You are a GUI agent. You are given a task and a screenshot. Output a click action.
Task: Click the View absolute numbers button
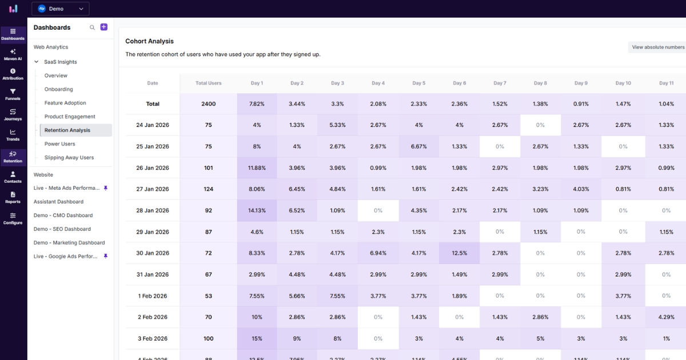pos(657,47)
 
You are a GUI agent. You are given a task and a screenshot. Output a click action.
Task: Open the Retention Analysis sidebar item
pos(67,130)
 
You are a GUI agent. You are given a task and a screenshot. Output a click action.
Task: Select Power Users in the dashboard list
pos(59,144)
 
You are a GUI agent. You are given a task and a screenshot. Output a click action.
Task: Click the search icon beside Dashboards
pos(92,27)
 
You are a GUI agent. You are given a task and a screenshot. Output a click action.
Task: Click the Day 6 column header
pos(459,83)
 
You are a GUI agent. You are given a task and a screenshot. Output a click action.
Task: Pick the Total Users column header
pos(208,83)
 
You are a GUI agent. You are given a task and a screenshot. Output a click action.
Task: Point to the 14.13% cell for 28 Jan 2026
pos(257,210)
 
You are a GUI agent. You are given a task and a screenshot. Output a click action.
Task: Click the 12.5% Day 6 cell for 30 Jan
pos(459,253)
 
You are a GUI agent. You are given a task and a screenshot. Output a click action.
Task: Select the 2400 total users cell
pos(208,104)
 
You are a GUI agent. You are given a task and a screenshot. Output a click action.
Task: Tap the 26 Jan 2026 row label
pos(153,168)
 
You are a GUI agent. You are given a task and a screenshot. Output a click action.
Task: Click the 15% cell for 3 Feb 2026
pos(257,338)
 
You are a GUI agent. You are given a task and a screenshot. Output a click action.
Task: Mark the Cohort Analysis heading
pos(149,41)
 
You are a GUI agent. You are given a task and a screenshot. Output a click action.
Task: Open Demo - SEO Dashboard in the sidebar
pos(62,229)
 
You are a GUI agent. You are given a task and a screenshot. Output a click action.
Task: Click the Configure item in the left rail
pos(13,218)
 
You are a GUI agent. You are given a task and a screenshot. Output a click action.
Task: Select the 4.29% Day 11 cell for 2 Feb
pos(666,317)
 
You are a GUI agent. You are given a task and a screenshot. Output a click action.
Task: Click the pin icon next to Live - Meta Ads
pos(105,188)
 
